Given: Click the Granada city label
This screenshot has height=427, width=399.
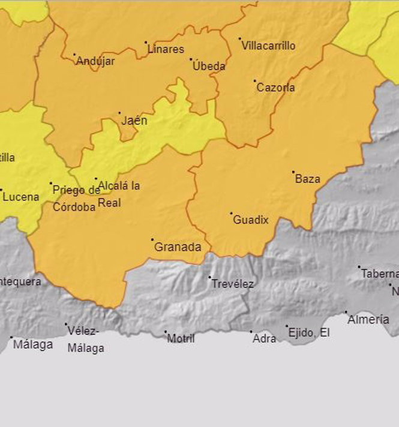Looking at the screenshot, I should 178,247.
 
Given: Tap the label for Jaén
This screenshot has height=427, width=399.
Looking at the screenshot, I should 134,121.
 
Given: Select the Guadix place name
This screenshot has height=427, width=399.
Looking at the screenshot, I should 251,220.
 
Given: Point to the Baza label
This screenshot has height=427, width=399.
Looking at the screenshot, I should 308,179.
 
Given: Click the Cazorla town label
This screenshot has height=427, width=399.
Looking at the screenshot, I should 275,88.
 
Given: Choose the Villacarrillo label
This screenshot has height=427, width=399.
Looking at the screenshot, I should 269,46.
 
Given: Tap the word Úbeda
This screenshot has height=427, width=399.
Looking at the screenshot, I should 209,66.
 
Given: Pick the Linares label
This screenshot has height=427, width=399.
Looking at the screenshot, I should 166,49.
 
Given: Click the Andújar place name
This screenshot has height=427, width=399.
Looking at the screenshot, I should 95,61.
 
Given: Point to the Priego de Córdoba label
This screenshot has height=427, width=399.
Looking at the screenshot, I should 76,199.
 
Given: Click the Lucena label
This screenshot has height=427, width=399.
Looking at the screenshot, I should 21,197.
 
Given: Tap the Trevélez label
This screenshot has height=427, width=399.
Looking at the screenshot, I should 232,284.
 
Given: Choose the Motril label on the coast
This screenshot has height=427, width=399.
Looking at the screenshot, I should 181,339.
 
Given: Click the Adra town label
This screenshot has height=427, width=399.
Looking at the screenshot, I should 265,339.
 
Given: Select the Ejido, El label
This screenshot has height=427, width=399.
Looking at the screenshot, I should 308,333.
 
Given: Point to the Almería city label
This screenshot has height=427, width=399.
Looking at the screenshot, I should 368,320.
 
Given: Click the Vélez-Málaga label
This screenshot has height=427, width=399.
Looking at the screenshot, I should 85,339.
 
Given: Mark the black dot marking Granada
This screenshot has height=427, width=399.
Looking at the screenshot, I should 152,240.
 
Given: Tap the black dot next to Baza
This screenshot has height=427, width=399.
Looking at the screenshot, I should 293,172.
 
